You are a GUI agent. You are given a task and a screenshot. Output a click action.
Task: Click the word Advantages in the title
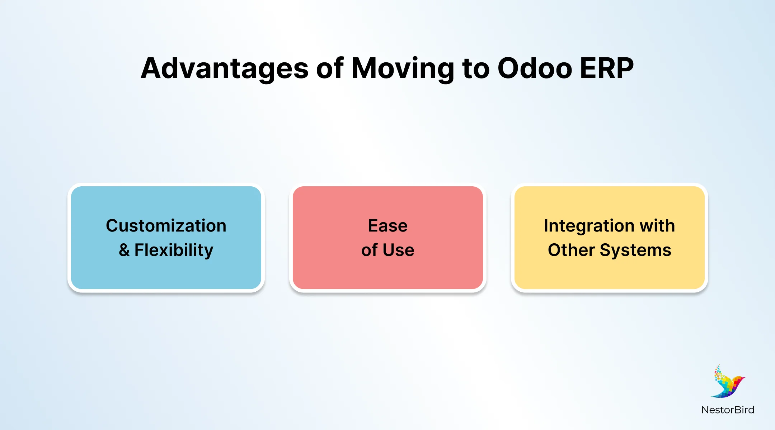point(225,69)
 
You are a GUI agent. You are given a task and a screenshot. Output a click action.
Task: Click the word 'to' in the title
point(476,69)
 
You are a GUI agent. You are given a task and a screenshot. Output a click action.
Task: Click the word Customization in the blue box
point(166,226)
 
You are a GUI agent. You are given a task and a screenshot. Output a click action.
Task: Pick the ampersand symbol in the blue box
point(124,250)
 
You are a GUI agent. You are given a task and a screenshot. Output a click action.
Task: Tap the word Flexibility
point(174,250)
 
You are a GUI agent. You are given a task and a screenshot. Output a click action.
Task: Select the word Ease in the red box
point(387,226)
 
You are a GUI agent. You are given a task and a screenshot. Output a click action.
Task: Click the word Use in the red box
point(398,250)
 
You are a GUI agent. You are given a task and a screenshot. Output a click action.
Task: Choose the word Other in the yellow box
point(571,250)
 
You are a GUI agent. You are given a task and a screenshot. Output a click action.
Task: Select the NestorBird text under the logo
point(728,410)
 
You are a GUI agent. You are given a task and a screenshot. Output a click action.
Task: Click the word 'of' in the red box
point(369,250)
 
